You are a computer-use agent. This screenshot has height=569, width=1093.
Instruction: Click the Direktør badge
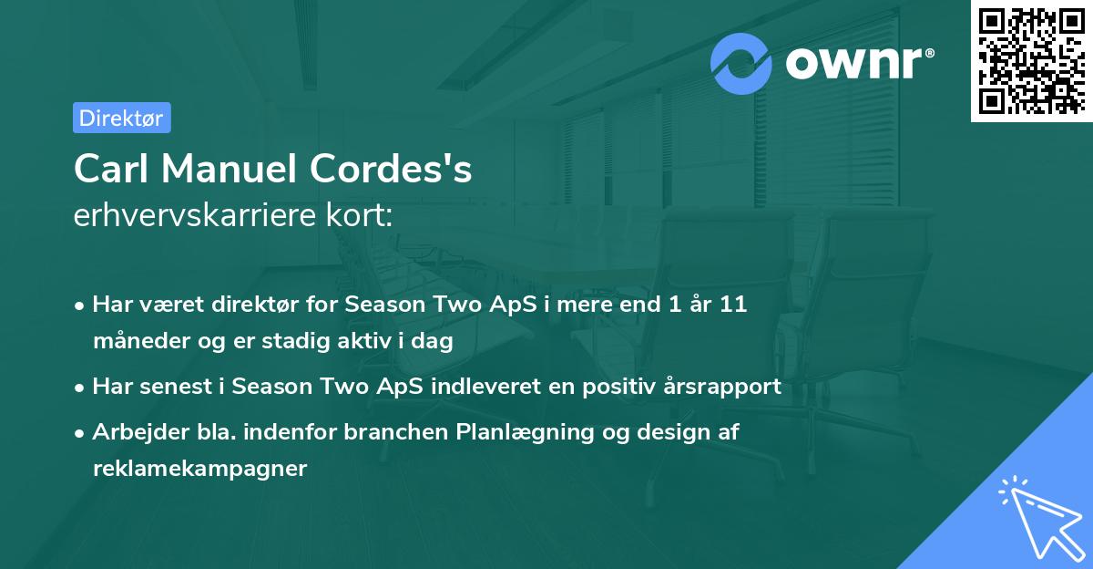point(121,118)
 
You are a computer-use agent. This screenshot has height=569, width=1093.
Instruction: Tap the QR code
point(1030,61)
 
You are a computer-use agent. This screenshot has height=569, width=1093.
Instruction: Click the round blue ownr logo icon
point(741,64)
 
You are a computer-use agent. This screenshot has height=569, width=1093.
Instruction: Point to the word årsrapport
point(726,386)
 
